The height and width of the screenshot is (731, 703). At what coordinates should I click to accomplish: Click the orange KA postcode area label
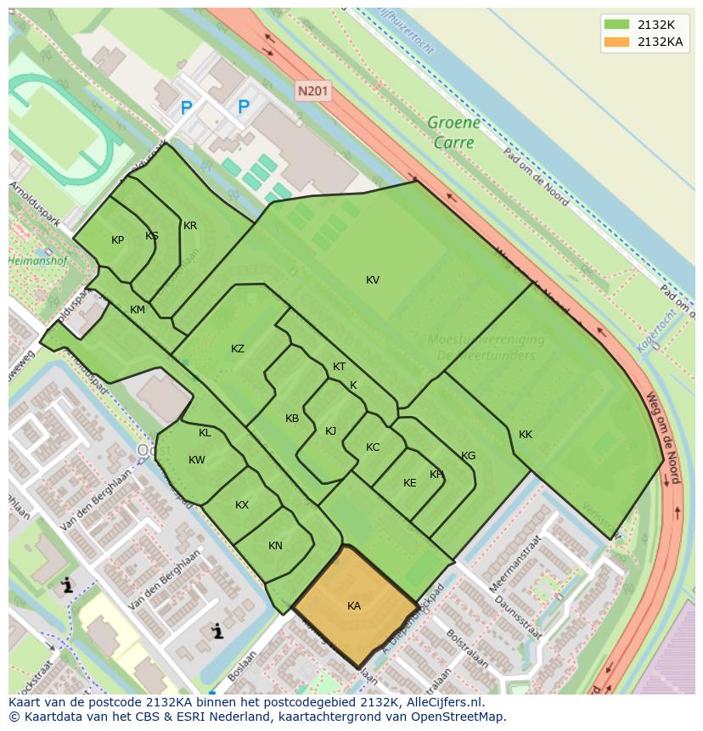(354, 605)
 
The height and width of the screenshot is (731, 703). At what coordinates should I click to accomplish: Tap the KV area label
(373, 280)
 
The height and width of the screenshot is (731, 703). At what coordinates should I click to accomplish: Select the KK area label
(526, 435)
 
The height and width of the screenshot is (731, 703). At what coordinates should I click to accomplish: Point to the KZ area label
(238, 349)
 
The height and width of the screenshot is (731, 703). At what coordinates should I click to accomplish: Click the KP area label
(117, 240)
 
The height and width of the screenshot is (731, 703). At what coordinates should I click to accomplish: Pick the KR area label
(190, 226)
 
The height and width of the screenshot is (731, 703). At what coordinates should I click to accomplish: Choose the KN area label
(275, 546)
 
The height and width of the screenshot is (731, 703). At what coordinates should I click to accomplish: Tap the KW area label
(197, 460)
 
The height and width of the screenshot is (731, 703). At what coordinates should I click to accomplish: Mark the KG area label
(468, 456)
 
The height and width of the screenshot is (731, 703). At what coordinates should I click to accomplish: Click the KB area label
(292, 419)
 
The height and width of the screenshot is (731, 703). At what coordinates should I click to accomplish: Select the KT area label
(340, 367)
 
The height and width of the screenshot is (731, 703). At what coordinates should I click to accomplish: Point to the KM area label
(138, 310)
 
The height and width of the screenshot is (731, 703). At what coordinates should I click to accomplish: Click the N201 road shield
(313, 90)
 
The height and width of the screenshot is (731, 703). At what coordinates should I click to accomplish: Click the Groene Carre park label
(453, 132)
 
